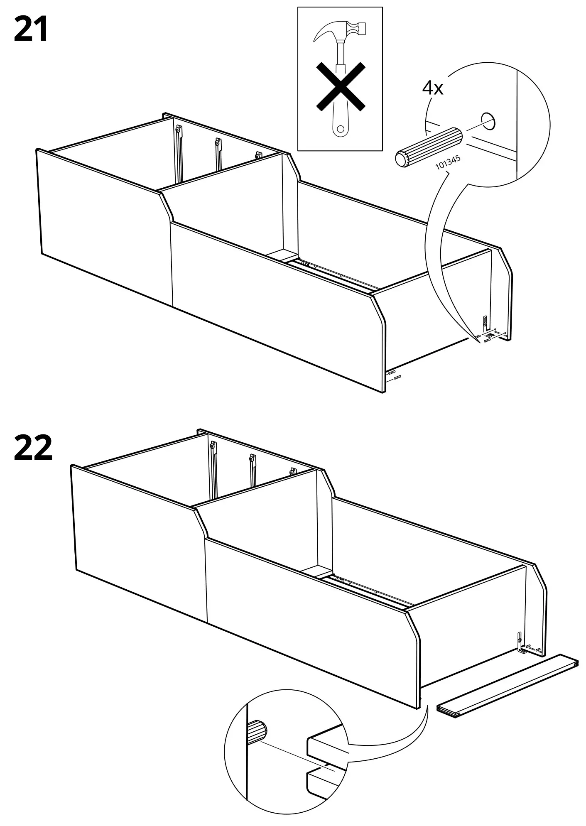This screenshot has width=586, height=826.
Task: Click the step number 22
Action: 33,448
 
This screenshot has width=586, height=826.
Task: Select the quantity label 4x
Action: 433,88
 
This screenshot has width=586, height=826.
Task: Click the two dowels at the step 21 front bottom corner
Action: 394,375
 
